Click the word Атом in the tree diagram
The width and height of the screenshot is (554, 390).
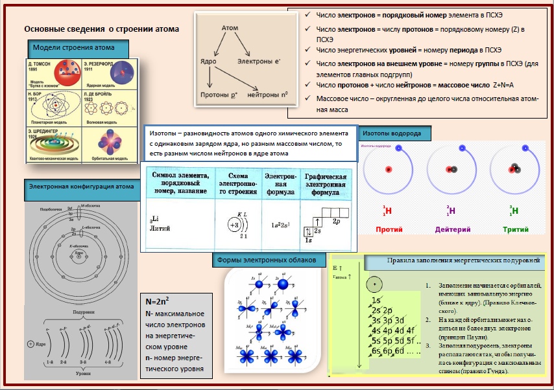pos(230,29)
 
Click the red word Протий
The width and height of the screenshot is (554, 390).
pos(389,229)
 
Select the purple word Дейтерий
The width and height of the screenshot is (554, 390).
pos(452,229)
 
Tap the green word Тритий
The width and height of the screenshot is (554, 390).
pos(515,229)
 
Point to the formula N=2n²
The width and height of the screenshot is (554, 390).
pos(160,303)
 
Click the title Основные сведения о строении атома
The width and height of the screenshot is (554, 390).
pos(101,29)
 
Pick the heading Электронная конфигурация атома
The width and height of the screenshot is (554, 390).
pos(81,187)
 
